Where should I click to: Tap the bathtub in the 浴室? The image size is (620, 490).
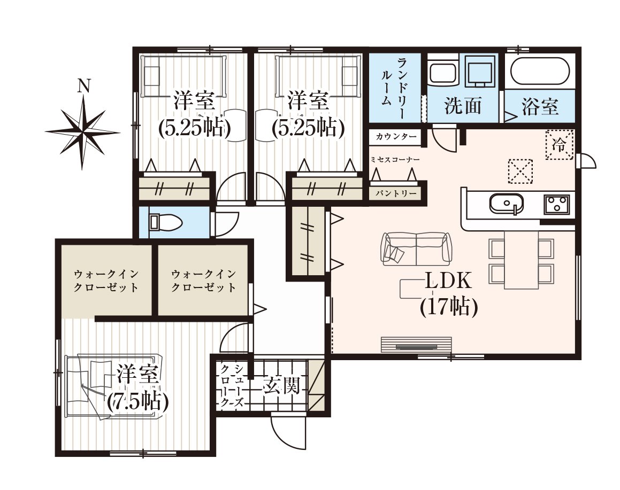click(540, 72)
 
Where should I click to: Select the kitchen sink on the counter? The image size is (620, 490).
click(507, 204)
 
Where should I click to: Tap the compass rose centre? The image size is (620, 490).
click(83, 131)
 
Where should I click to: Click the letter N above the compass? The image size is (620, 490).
click(83, 85)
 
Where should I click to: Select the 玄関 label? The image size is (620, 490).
click(281, 385)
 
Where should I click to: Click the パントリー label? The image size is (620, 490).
click(396, 193)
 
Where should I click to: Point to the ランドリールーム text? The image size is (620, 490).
click(395, 87)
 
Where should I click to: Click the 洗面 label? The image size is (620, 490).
click(463, 105)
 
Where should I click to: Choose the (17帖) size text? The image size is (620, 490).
click(449, 306)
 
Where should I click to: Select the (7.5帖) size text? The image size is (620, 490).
click(138, 401)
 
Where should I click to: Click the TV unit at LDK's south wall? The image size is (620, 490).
click(416, 344)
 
